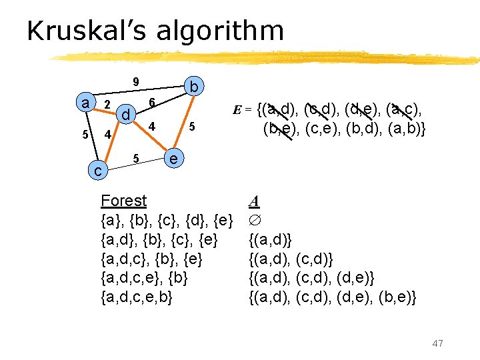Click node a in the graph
[85, 103]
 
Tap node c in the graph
[97, 171]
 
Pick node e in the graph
[173, 159]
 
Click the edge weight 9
[135, 83]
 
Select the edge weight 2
[107, 105]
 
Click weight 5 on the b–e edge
[191, 127]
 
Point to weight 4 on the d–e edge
[152, 127]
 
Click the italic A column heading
[253, 201]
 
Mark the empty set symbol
[253, 219]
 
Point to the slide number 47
[437, 343]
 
